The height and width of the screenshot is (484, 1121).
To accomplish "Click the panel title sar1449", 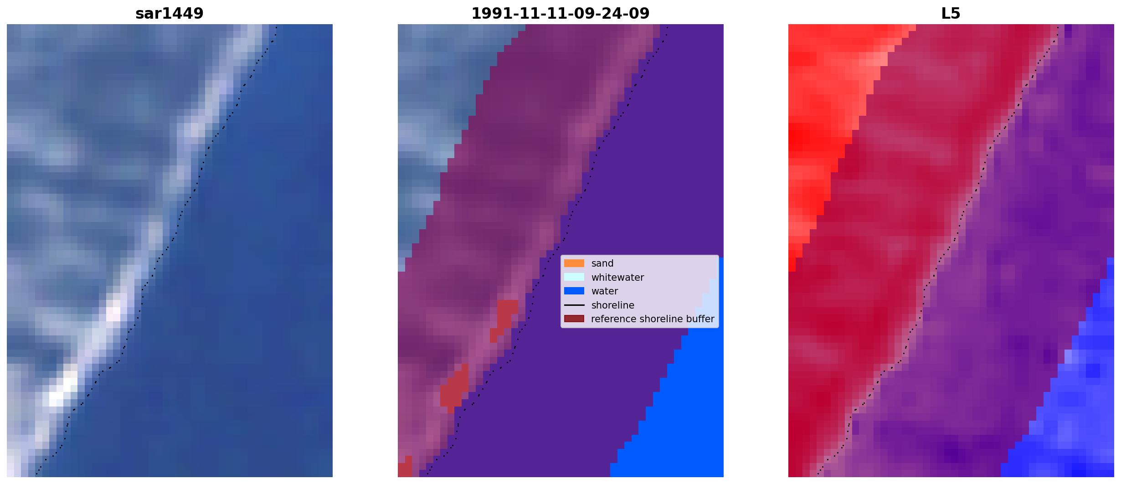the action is coord(169,14).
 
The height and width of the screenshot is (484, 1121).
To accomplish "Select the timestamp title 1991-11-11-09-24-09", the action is coord(560,14).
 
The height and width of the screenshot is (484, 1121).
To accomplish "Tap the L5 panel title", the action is coord(951,14).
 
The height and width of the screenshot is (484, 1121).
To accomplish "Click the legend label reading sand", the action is coord(602,263).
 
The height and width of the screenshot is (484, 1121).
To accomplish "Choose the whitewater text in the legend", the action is coord(617,277).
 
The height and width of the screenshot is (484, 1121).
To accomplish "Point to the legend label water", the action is coord(604,291).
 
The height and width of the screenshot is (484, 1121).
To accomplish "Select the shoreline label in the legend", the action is coord(612,305).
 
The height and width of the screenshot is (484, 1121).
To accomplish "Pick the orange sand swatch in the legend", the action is coord(574,263).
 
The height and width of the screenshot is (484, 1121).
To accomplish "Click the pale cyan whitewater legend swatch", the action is coord(574,277).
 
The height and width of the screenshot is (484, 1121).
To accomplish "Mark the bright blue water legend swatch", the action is coord(574,291).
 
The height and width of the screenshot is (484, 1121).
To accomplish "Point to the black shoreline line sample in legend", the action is coord(574,305).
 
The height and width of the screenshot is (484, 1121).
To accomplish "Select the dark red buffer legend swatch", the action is coord(574,319).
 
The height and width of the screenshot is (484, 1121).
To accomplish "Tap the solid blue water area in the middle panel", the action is coord(684,410).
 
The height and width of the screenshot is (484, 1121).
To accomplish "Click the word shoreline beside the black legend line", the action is coord(612,305).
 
